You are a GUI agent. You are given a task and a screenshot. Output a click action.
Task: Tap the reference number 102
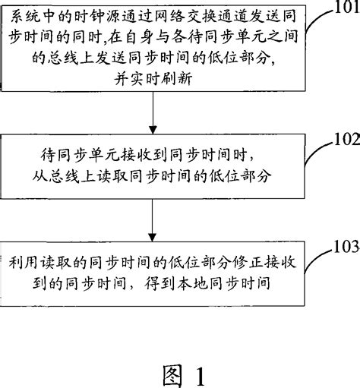(x=343, y=140)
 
